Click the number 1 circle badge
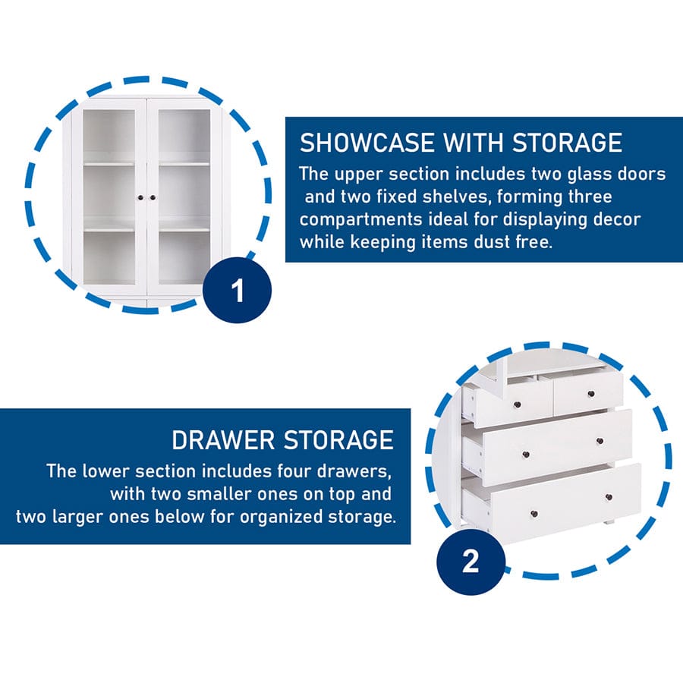click(238, 290)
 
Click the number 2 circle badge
click(471, 562)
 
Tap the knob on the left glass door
click(140, 198)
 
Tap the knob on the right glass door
click(153, 198)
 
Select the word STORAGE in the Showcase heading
click(567, 143)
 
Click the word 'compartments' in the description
click(360, 219)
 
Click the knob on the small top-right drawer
click(591, 394)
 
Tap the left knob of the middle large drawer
click(525, 455)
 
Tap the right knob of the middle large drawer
click(600, 441)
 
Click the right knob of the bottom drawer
click(609, 497)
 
